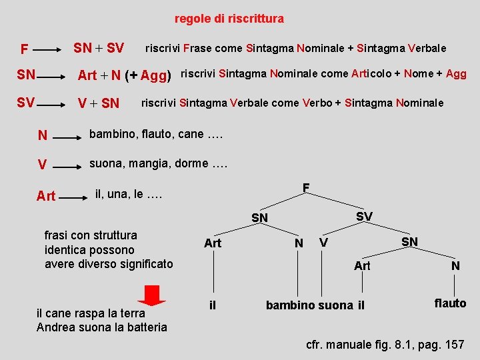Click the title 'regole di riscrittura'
[229, 19]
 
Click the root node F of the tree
[305, 188]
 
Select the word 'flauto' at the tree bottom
[450, 303]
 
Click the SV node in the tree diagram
[364, 217]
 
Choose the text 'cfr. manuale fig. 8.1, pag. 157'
[385, 345]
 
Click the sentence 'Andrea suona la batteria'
[102, 327]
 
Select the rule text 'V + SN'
[99, 103]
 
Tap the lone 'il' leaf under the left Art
[213, 305]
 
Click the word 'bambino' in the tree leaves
[291, 305]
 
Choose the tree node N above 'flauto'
[455, 266]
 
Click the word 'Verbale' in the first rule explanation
[427, 48]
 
